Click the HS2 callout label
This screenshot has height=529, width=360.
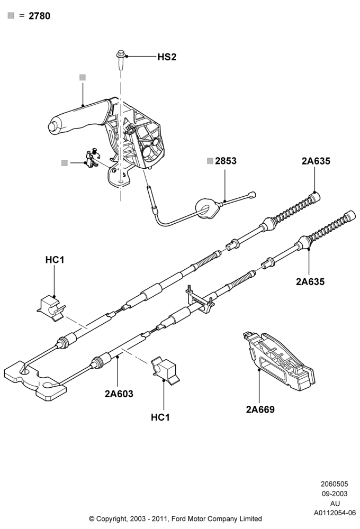[x=167, y=57]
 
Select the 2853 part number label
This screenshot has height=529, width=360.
[x=226, y=161]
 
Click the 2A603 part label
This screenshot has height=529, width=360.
[x=119, y=394]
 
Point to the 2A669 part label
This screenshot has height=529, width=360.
[x=260, y=409]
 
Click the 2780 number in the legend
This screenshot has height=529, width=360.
[x=39, y=16]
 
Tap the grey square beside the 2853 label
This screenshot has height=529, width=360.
[x=210, y=161]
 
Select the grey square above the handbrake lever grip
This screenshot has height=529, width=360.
[x=83, y=78]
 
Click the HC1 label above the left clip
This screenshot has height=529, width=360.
[x=55, y=260]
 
